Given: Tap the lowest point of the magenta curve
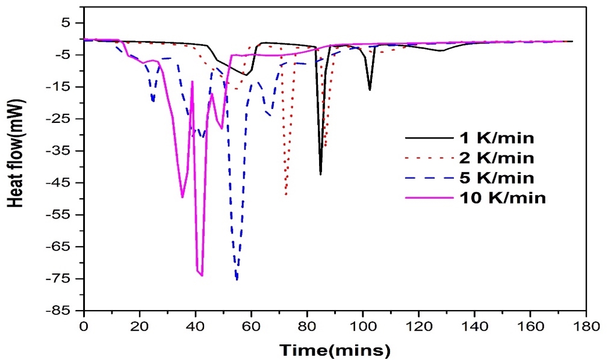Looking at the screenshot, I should (202, 275).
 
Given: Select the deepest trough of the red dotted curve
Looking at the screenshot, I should (286, 194).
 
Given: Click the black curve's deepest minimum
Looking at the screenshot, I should (320, 175).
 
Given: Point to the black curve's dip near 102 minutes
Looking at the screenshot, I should (370, 90).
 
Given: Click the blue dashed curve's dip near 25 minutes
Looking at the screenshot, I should (153, 101).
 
